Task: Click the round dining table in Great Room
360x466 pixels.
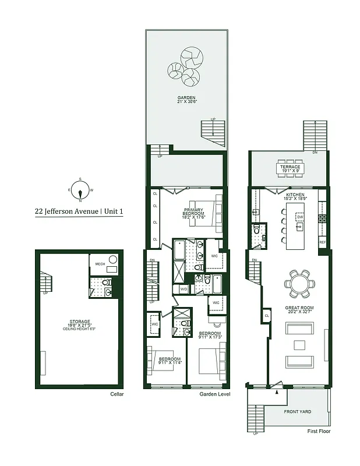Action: [299, 283]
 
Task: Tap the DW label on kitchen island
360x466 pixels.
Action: [300, 217]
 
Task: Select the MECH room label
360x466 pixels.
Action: [100, 264]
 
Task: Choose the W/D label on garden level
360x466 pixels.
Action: [183, 290]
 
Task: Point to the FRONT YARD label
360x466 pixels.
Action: [297, 412]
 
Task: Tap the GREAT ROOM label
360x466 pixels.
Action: [299, 308]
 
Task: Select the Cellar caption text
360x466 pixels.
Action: [117, 394]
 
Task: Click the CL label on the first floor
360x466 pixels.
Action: [266, 315]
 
